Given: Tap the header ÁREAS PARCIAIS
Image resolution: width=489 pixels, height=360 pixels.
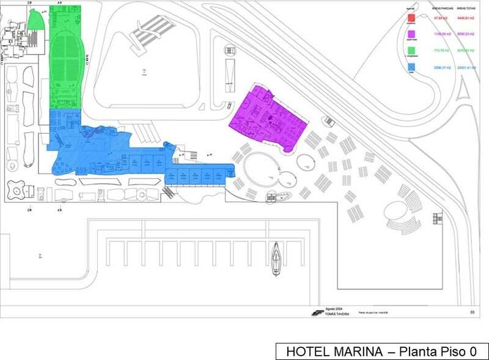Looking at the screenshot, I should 441,9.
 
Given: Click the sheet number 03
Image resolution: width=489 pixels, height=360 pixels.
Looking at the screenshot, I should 472,312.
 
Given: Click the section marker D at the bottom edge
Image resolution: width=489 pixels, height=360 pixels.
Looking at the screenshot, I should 29,210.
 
